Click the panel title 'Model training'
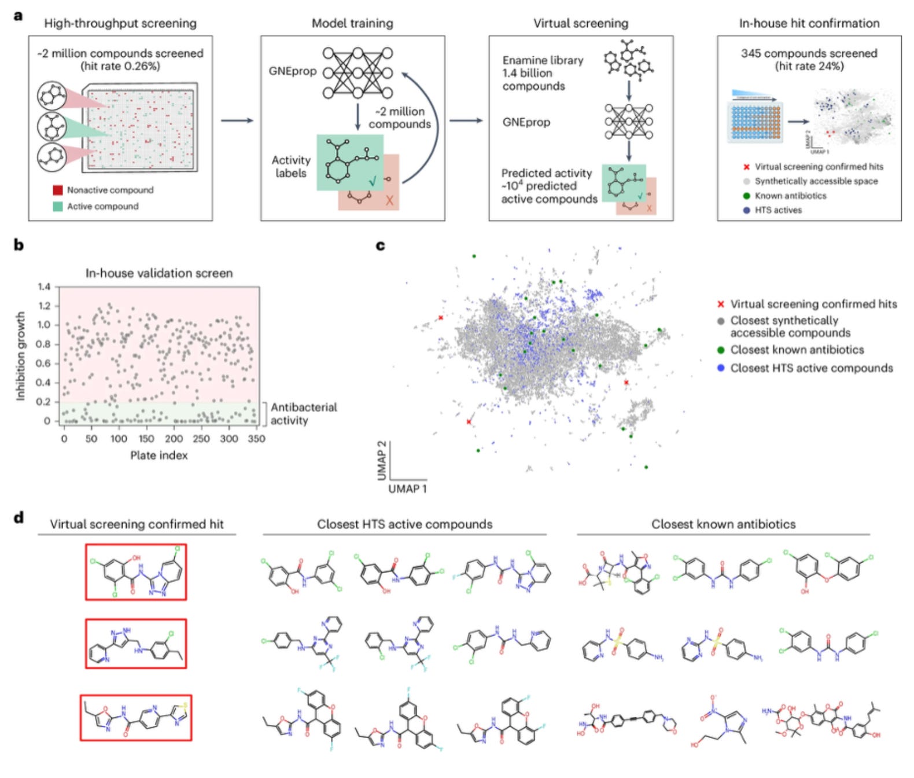352,23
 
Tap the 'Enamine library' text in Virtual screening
543,60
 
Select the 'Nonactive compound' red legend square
58,190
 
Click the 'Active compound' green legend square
58,206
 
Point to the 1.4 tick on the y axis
45,287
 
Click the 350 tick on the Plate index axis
256,439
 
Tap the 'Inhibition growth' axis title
21,356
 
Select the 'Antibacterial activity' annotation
303,414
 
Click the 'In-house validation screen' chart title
159,273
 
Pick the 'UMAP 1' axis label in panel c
407,489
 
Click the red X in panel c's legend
720,304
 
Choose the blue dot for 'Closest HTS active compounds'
720,368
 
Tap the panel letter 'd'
19,517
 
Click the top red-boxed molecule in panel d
136,572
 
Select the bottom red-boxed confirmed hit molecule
136,718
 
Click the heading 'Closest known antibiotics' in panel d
723,524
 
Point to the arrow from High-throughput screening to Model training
237,120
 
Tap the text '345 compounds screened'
809,53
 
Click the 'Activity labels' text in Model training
291,167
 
